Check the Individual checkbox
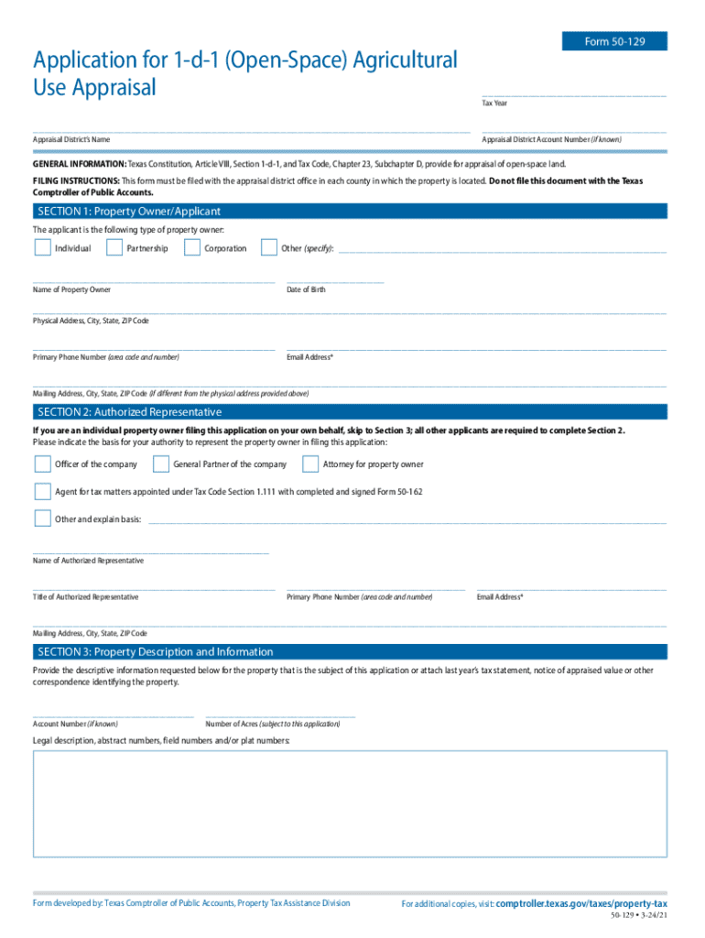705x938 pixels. pos(42,247)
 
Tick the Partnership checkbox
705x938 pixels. pos(114,247)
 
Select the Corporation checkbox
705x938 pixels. pos(192,247)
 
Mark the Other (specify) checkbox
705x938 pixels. pos(269,247)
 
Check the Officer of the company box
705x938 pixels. pos(42,464)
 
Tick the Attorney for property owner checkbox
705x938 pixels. pos(310,464)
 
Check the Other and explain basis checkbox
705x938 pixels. pos(42,518)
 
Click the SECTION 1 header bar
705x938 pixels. pos(350,212)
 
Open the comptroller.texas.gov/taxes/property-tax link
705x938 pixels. pos(581,903)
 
